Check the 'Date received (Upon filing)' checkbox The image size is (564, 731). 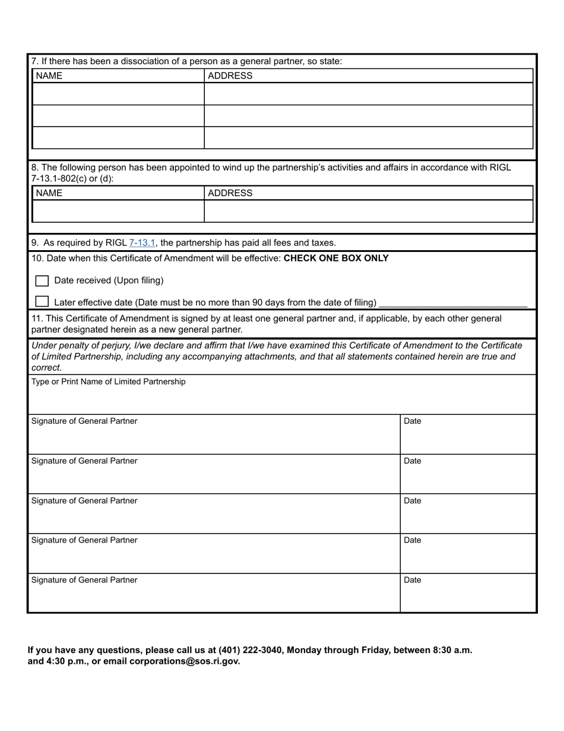tap(42, 281)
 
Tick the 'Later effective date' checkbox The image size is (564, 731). tap(42, 302)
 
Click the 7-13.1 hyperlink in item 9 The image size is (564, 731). tap(142, 242)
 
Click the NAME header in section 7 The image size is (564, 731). tap(49, 75)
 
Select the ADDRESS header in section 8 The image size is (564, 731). tap(230, 193)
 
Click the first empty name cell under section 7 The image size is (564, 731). tap(118, 94)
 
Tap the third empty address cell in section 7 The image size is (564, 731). tap(368, 138)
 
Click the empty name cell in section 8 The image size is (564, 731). tap(118, 212)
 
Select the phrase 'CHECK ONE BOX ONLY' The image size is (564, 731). tap(336, 259)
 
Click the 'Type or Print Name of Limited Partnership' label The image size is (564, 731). tap(108, 382)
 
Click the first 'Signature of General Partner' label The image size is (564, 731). tap(84, 421)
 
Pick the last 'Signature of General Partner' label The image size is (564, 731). tap(84, 580)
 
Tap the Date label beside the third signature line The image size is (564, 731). tap(413, 501)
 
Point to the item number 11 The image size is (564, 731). tap(36, 319)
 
